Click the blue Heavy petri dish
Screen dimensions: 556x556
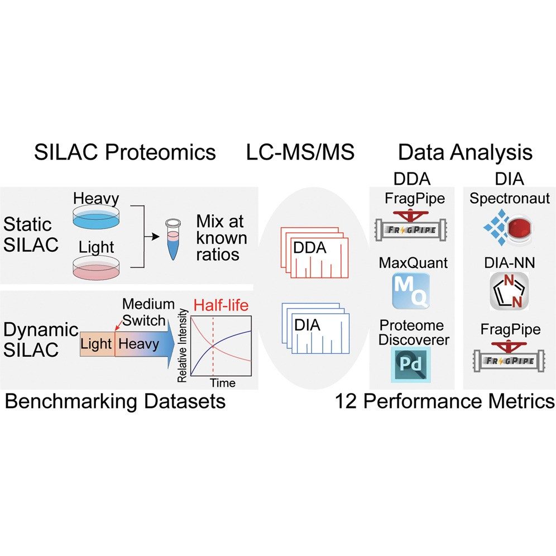pyautogui.click(x=97, y=219)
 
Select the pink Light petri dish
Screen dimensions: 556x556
pyautogui.click(x=97, y=268)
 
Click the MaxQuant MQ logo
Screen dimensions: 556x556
pyautogui.click(x=411, y=291)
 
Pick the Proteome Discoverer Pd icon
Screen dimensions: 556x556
pyautogui.click(x=411, y=363)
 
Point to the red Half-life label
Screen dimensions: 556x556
pyautogui.click(x=221, y=305)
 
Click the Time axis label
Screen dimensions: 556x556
pyautogui.click(x=222, y=383)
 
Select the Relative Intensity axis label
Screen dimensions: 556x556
pyautogui.click(x=182, y=347)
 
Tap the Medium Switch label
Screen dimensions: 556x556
pyautogui.click(x=144, y=313)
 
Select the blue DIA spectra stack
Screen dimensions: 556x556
pyautogui.click(x=315, y=330)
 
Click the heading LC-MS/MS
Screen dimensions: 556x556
pyautogui.click(x=300, y=152)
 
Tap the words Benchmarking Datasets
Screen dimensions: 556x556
pyautogui.click(x=115, y=401)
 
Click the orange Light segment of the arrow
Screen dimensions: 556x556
pyautogui.click(x=97, y=343)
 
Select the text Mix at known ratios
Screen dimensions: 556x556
pyautogui.click(x=221, y=238)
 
